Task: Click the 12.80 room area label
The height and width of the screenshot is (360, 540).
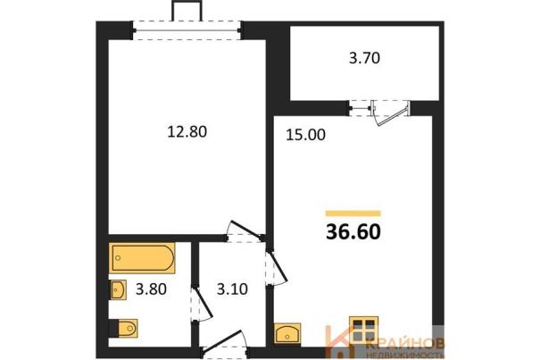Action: [187, 131]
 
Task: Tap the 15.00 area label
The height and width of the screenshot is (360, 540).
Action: [305, 135]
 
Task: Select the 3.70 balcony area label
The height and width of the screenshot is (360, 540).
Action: [364, 57]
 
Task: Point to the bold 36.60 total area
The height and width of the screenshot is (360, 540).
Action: [353, 231]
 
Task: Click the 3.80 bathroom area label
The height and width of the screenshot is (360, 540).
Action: [151, 289]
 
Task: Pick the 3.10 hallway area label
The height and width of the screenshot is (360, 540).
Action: [232, 289]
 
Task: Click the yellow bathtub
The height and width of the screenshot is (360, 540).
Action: [142, 258]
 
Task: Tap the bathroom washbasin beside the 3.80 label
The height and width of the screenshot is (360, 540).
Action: [118, 289]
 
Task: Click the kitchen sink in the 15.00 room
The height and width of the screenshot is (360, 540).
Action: [287, 333]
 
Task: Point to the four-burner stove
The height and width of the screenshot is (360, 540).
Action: [363, 330]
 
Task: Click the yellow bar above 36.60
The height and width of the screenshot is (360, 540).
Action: [353, 213]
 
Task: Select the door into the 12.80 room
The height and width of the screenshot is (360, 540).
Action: [245, 230]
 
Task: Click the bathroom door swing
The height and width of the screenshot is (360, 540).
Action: [203, 305]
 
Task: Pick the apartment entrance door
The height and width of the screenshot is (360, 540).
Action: [225, 341]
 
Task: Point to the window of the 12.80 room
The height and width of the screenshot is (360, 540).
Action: [187, 30]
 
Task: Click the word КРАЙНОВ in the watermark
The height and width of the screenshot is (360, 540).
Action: [405, 344]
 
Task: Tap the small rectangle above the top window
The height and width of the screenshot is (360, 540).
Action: [187, 11]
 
